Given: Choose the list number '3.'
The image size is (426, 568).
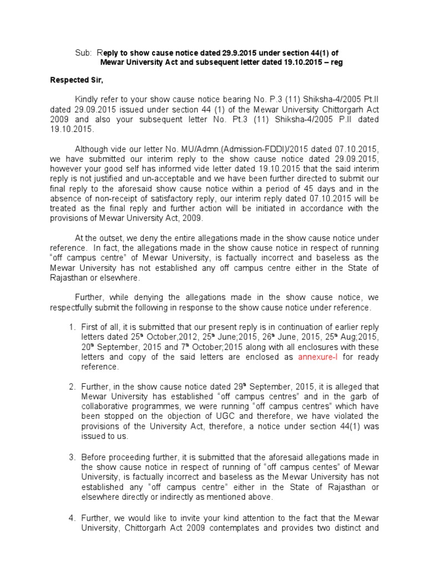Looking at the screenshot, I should pyautogui.click(x=72, y=458).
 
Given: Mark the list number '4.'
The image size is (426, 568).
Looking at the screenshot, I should pyautogui.click(x=72, y=518).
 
